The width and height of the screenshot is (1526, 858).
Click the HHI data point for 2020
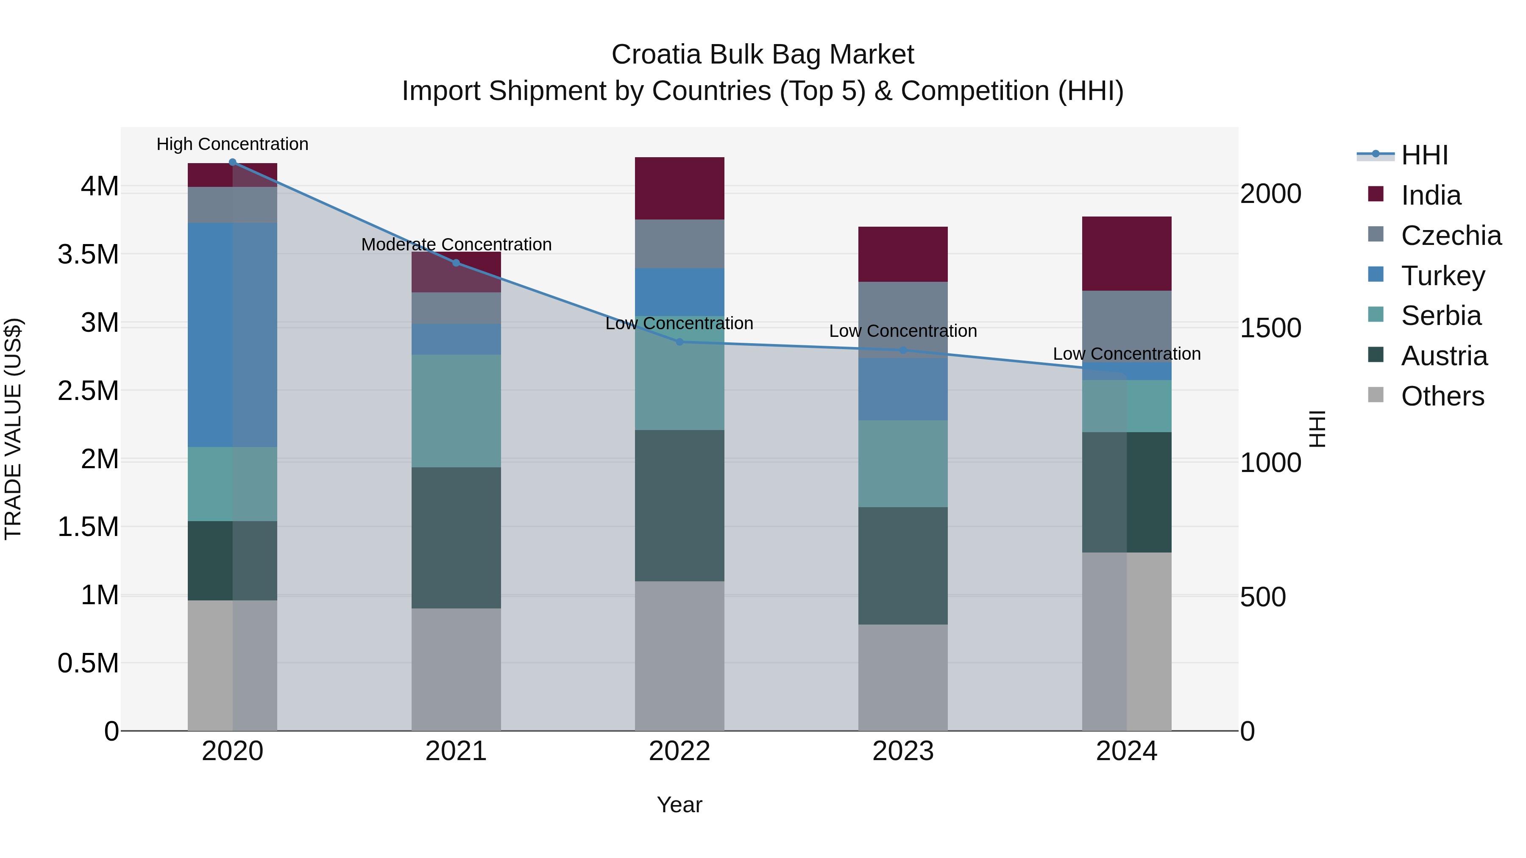click(x=232, y=162)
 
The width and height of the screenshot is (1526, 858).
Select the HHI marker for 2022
click(x=679, y=342)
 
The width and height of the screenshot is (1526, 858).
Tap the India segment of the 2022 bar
click(x=679, y=188)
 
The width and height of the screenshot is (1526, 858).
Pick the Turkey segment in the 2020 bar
click(x=232, y=335)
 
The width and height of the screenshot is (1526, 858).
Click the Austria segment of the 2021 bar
click(x=456, y=538)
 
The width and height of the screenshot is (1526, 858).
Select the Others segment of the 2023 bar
click(x=903, y=678)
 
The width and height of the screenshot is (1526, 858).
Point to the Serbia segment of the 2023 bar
click(x=903, y=464)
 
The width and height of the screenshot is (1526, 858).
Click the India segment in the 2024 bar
click(x=1127, y=253)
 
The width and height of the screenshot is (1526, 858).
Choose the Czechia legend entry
click(x=1451, y=236)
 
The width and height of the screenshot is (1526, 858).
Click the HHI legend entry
click(x=1424, y=155)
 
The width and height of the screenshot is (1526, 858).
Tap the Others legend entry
click(x=1442, y=396)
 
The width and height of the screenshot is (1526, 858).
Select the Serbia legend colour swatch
click(x=1376, y=314)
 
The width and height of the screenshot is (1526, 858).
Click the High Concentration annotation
click(x=232, y=144)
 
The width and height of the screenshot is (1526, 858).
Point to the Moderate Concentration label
click(x=456, y=244)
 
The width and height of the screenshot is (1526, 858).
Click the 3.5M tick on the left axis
click(x=88, y=255)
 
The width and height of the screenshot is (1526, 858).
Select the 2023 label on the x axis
click(x=903, y=751)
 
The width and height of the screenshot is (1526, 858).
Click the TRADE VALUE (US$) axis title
click(x=13, y=429)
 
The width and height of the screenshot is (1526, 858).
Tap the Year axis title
click(x=679, y=805)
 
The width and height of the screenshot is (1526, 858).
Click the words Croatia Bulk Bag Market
click(x=763, y=55)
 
